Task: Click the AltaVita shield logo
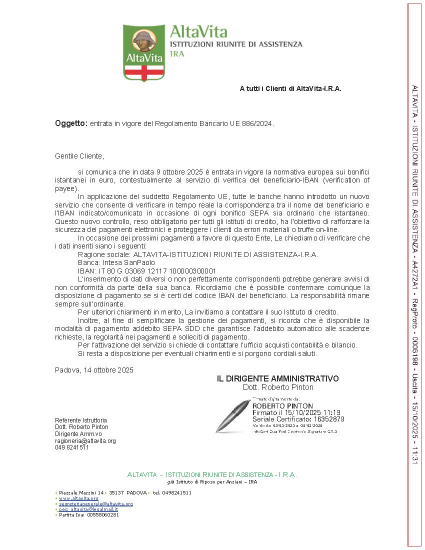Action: point(144,52)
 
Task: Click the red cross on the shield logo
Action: point(144,72)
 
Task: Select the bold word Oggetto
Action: point(71,123)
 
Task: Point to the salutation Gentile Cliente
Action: point(79,156)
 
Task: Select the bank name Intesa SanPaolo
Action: point(116,262)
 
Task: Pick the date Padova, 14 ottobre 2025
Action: point(94,370)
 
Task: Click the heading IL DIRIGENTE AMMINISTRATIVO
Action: point(277,379)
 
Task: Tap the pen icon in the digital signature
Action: point(232,415)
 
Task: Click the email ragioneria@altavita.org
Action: point(85,441)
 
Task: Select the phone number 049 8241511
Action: point(72,447)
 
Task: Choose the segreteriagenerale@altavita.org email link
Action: point(95,504)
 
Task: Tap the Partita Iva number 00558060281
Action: point(103,514)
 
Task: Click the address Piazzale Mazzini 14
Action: point(81,492)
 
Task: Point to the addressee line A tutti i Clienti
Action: point(290,89)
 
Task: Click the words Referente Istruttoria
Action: point(80,420)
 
